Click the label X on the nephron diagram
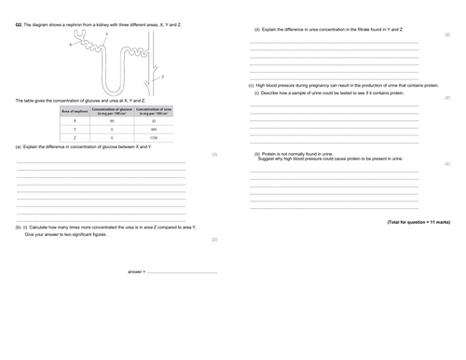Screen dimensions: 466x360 coord(70,44)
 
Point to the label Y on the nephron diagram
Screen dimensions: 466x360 coord(108,34)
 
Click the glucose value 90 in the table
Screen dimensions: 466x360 coord(111,121)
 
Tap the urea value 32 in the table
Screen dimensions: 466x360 coord(153,121)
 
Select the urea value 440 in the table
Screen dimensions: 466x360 coord(153,129)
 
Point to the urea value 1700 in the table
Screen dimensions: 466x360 coord(153,137)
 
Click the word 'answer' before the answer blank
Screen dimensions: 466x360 coord(135,271)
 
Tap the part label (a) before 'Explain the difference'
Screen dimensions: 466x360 coord(19,147)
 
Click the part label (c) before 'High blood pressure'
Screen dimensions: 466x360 coord(251,86)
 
